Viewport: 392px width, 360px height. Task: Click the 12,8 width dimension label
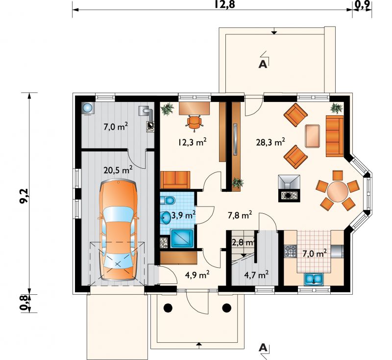point(225,4)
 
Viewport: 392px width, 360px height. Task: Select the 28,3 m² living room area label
point(270,142)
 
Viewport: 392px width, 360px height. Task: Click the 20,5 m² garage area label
point(118,170)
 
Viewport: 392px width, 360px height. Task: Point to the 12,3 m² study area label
point(192,142)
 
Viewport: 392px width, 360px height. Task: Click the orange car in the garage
point(118,230)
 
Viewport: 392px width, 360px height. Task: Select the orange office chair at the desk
point(194,123)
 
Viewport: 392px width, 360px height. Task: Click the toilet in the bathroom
point(167,200)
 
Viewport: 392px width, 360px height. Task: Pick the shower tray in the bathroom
point(182,238)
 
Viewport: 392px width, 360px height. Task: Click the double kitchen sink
point(314,279)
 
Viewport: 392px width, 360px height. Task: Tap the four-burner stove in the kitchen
point(291,251)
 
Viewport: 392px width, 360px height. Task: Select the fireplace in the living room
point(289,188)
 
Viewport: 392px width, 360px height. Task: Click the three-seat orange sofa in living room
point(335,136)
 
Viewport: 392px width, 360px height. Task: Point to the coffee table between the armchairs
point(313,136)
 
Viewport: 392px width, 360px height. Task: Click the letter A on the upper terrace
point(263,64)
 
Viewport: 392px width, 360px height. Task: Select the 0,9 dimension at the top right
point(363,4)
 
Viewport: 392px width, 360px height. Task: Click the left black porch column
point(168,308)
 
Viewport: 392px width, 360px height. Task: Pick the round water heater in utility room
point(88,108)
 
